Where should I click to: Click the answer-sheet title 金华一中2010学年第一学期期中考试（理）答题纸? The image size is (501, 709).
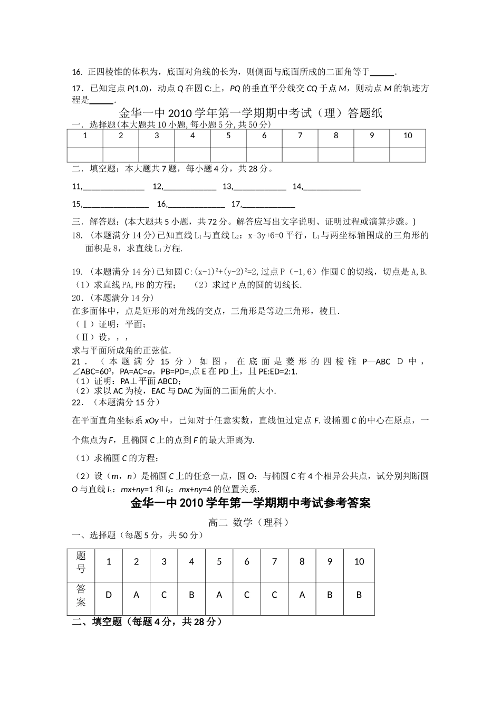[250, 113]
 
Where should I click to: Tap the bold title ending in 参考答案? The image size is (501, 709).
[250, 503]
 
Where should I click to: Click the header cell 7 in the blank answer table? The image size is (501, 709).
[300, 136]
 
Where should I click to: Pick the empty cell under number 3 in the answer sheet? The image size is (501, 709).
[157, 155]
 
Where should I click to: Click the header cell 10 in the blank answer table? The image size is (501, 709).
[408, 136]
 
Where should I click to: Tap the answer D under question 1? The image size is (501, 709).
[109, 595]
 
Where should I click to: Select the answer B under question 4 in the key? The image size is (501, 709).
[191, 595]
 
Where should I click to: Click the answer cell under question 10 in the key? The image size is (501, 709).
[359, 595]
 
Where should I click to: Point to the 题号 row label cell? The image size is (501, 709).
[81, 562]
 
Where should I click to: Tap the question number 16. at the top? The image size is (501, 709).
[77, 72]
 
